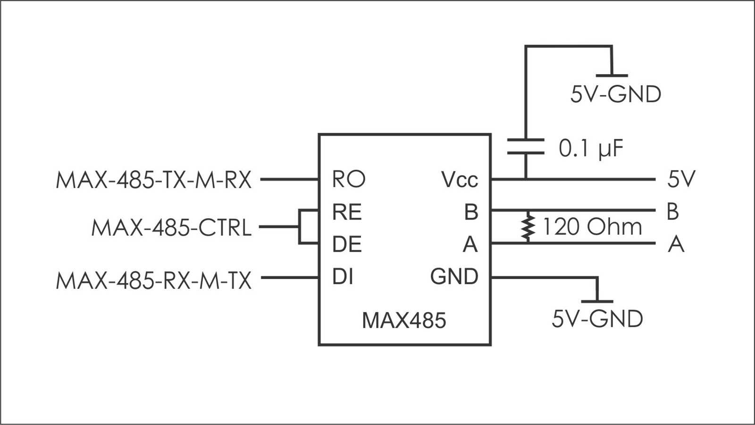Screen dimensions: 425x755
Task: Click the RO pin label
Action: (x=349, y=179)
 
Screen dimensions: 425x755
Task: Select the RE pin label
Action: (x=347, y=212)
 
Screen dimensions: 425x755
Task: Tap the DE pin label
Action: (x=347, y=244)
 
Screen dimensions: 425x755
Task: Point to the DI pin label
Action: (x=343, y=277)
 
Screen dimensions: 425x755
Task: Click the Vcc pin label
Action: (x=460, y=179)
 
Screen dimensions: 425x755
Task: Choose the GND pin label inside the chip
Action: (x=454, y=277)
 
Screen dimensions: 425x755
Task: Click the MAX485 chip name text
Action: (x=404, y=321)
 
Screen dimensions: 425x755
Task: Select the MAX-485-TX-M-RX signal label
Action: (x=154, y=180)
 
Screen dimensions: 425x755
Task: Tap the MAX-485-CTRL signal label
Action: (x=171, y=228)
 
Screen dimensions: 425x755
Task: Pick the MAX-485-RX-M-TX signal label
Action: (x=154, y=281)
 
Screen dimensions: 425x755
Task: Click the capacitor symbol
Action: (x=526, y=146)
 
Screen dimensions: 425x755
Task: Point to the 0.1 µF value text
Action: (x=591, y=149)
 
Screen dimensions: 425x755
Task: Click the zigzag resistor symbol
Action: (x=528, y=227)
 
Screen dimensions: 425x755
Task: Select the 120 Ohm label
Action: (x=593, y=227)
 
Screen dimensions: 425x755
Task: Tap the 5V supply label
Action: (x=681, y=179)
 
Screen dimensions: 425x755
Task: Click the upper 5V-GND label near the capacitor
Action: (x=616, y=94)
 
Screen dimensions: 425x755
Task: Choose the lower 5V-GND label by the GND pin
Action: (x=597, y=319)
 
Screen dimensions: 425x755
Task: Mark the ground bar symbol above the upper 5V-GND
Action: (x=612, y=75)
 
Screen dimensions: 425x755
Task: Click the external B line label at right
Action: (x=673, y=212)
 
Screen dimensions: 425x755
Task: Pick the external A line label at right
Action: (x=676, y=245)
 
